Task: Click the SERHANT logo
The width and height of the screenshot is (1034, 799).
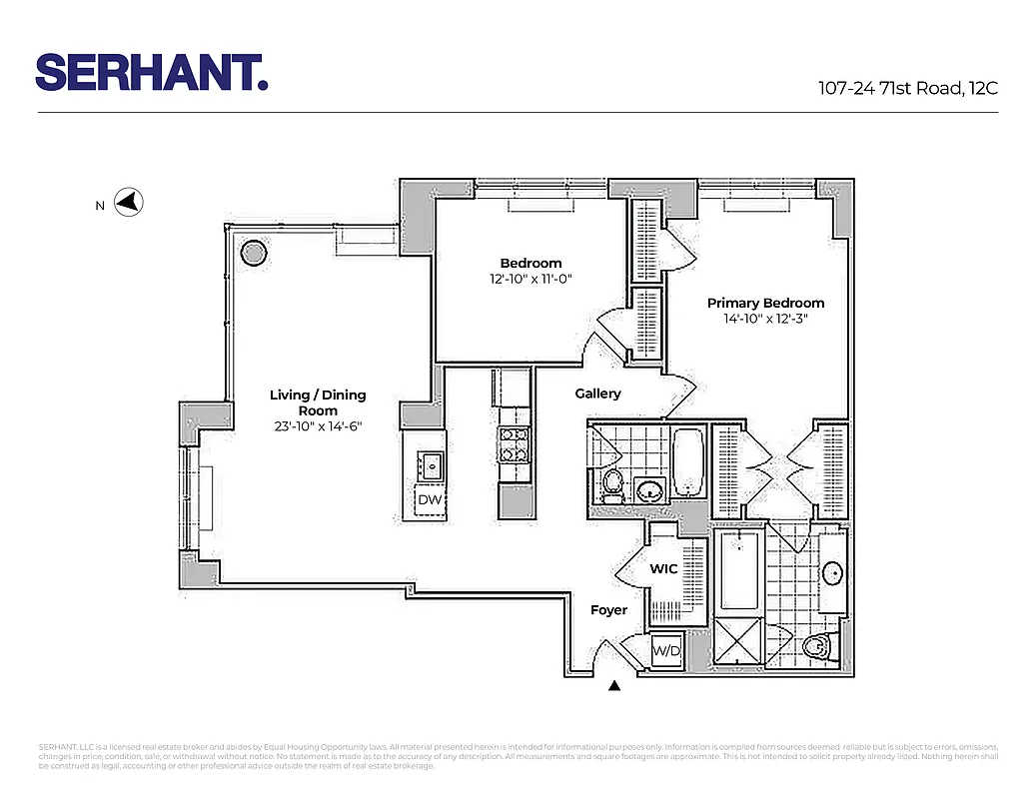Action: pos(152,73)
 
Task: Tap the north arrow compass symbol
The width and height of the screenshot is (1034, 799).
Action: pos(128,204)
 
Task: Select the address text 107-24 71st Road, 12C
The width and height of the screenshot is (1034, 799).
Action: pos(907,88)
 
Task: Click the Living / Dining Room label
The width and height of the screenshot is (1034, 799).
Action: pos(318,402)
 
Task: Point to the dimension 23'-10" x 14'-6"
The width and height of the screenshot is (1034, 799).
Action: pos(318,426)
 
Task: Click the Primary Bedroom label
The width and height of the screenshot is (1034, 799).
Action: pos(765,304)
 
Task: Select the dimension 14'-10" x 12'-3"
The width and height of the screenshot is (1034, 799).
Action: pos(765,320)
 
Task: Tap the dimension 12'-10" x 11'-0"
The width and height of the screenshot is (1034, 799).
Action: pos(530,280)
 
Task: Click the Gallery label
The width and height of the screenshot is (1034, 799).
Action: pos(597,395)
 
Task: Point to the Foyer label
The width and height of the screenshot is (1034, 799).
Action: pos(608,610)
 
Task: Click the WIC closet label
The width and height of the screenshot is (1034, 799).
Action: pos(663,569)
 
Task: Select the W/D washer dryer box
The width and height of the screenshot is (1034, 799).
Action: pos(665,650)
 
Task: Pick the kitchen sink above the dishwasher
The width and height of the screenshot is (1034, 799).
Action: pos(432,464)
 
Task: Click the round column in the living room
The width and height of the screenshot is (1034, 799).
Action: pos(255,253)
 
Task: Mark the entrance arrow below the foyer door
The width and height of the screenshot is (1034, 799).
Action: pos(614,685)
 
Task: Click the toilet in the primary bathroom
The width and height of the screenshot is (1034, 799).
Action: pos(818,648)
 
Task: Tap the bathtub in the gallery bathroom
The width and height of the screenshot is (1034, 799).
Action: pos(688,462)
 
